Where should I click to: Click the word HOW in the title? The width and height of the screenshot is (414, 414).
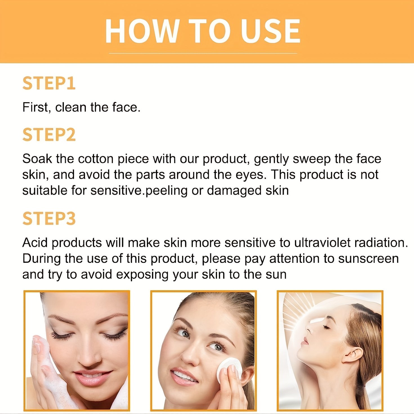142,31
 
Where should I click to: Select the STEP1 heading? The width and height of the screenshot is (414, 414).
49,83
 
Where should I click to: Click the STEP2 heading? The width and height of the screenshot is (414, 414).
49,135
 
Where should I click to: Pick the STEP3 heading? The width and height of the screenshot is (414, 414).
49,218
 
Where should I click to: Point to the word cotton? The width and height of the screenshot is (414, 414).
95,159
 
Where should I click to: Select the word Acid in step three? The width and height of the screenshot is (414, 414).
35,243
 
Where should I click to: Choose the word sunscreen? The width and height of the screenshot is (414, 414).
368,259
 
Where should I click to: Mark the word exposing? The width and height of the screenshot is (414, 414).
142,275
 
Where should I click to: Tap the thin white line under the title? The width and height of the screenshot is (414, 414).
203,53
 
